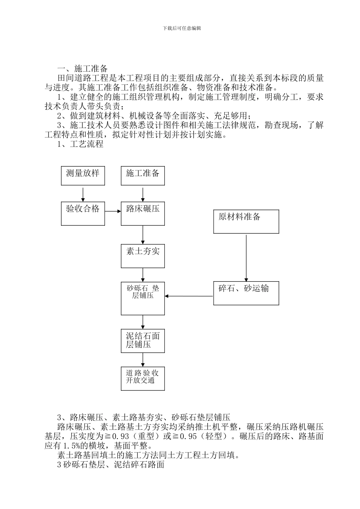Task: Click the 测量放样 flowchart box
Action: click(83, 175)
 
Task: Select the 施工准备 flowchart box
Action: click(143, 175)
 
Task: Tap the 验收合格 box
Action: click(83, 214)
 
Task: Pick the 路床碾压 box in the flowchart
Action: click(143, 214)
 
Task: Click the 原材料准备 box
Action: click(246, 222)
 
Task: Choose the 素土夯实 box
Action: click(143, 256)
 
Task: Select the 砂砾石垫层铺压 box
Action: click(143, 298)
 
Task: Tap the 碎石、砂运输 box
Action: click(246, 293)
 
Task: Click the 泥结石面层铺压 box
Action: click(143, 340)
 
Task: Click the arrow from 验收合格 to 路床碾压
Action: click(113, 211)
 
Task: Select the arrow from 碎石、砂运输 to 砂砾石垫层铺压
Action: click(189, 296)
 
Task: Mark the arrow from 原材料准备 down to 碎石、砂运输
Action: click(246, 258)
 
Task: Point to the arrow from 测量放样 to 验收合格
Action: click(83, 194)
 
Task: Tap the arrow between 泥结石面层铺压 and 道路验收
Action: click(143, 359)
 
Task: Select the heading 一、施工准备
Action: click(83, 69)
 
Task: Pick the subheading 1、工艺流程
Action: click(80, 144)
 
